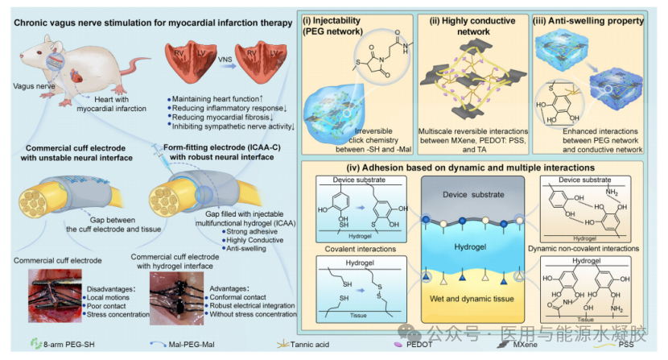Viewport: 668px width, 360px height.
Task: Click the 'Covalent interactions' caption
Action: [346, 249]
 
